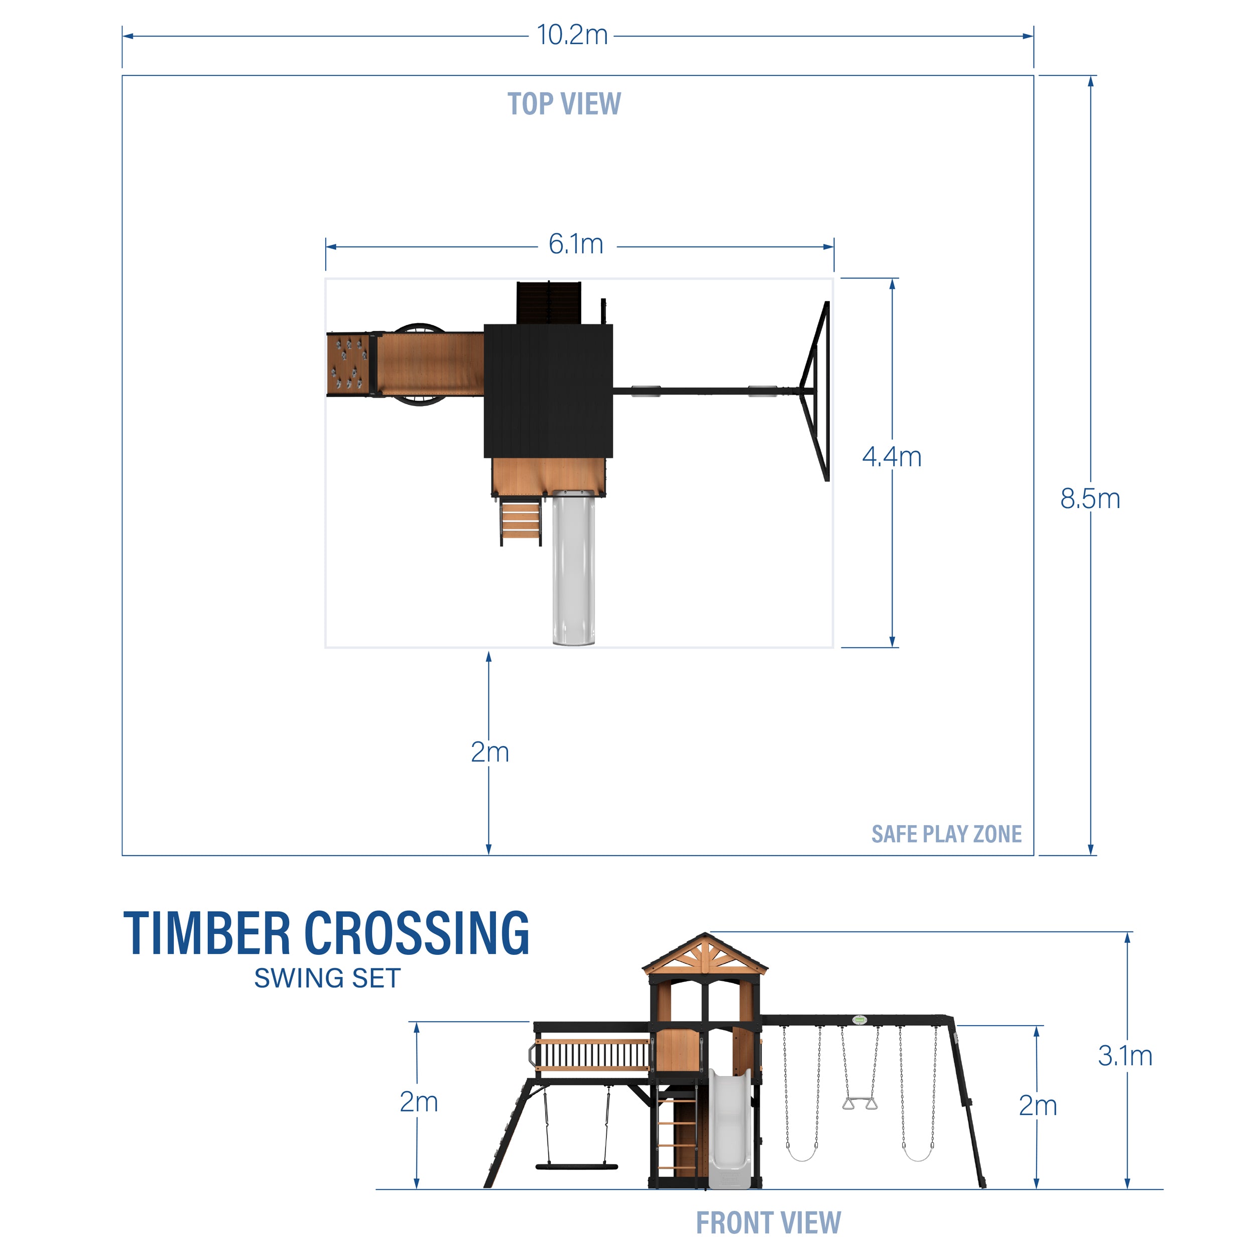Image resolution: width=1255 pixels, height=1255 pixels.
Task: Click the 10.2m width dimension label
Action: point(572,35)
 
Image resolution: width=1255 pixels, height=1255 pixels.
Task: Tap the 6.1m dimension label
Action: point(575,245)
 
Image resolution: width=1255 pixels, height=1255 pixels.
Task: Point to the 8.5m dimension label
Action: point(1090,499)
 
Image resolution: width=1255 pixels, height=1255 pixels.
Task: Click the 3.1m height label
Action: point(1125,1056)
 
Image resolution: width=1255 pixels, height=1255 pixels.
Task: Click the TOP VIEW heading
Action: point(564,104)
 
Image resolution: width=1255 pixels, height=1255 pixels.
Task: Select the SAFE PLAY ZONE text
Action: point(946,834)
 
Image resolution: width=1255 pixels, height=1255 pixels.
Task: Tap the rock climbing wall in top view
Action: point(349,364)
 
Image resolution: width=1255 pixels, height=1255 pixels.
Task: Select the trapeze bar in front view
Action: point(859,1103)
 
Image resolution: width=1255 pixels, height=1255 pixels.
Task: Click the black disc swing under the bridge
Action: point(576,1167)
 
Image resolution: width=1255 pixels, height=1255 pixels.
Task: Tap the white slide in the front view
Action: point(729,1131)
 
